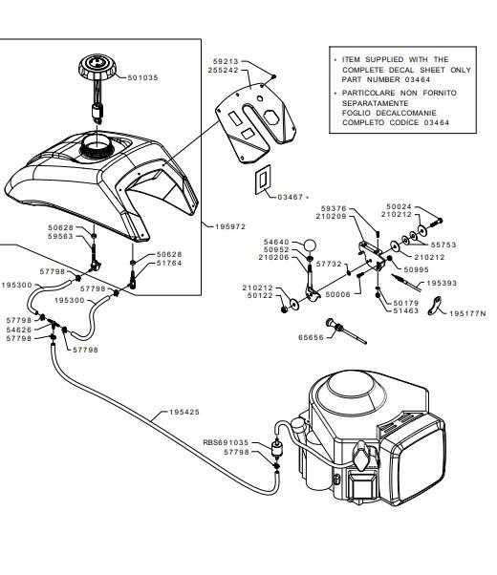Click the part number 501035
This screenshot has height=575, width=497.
click(142, 77)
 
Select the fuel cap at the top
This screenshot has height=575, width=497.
click(97, 68)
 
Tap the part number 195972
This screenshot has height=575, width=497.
click(230, 226)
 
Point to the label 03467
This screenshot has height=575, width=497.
click(290, 197)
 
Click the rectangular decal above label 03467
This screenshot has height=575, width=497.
click(263, 180)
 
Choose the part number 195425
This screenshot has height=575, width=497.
click(184, 412)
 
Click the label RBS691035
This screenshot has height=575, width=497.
click(226, 442)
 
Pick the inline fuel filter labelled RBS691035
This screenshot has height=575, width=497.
click(275, 450)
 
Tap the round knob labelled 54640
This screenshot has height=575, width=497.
click(310, 245)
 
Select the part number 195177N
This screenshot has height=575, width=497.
click(467, 313)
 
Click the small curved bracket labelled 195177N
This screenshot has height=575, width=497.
click(435, 306)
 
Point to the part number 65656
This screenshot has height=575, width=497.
click(311, 337)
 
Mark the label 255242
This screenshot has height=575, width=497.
click(224, 70)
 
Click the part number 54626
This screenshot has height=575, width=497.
click(19, 330)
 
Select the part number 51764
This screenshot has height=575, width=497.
click(169, 263)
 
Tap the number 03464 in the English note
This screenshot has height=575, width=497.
click(418, 79)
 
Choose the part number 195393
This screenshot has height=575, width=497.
click(442, 283)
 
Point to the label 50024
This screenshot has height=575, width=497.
click(399, 206)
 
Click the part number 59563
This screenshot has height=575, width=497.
click(60, 236)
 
